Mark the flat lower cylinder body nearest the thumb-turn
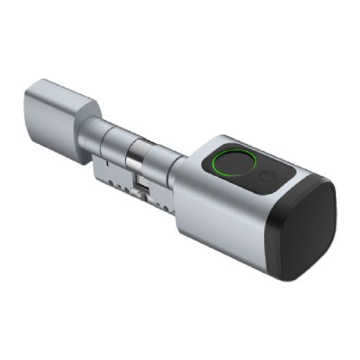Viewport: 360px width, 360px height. click(x=108, y=168)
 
